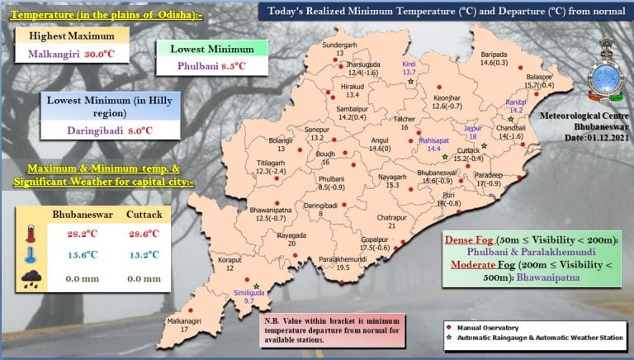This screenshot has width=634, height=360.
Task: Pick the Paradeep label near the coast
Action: click(489, 174)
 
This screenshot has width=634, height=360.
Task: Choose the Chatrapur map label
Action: click(392, 216)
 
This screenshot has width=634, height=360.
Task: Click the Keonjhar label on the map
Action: click(445, 97)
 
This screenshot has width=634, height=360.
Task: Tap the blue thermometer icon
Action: click(32, 257)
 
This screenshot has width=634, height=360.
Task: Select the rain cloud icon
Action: click(32, 280)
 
